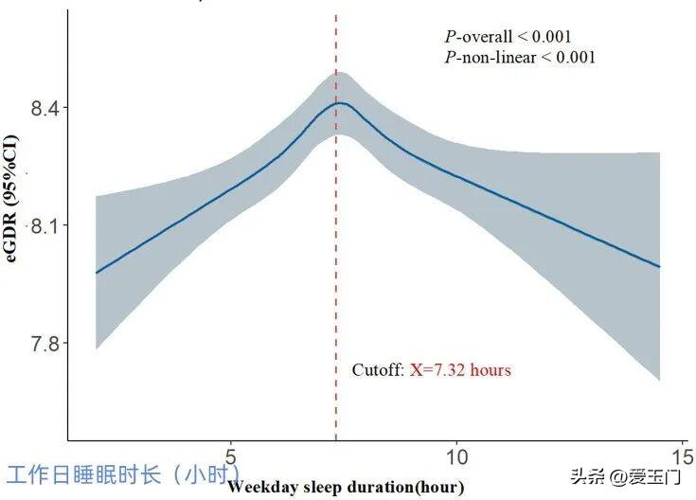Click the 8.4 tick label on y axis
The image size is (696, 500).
click(x=45, y=109)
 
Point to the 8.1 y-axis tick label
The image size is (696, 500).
click(x=45, y=226)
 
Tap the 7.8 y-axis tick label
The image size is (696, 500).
click(x=45, y=343)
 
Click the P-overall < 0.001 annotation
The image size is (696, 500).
click(x=508, y=37)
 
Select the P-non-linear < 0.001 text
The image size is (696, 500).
click(x=520, y=58)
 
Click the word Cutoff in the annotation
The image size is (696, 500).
click(x=378, y=370)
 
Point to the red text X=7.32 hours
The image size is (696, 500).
click(x=460, y=370)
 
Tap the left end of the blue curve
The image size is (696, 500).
click(x=97, y=273)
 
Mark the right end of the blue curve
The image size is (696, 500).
click(x=659, y=266)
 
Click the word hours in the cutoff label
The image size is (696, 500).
click(x=490, y=370)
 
